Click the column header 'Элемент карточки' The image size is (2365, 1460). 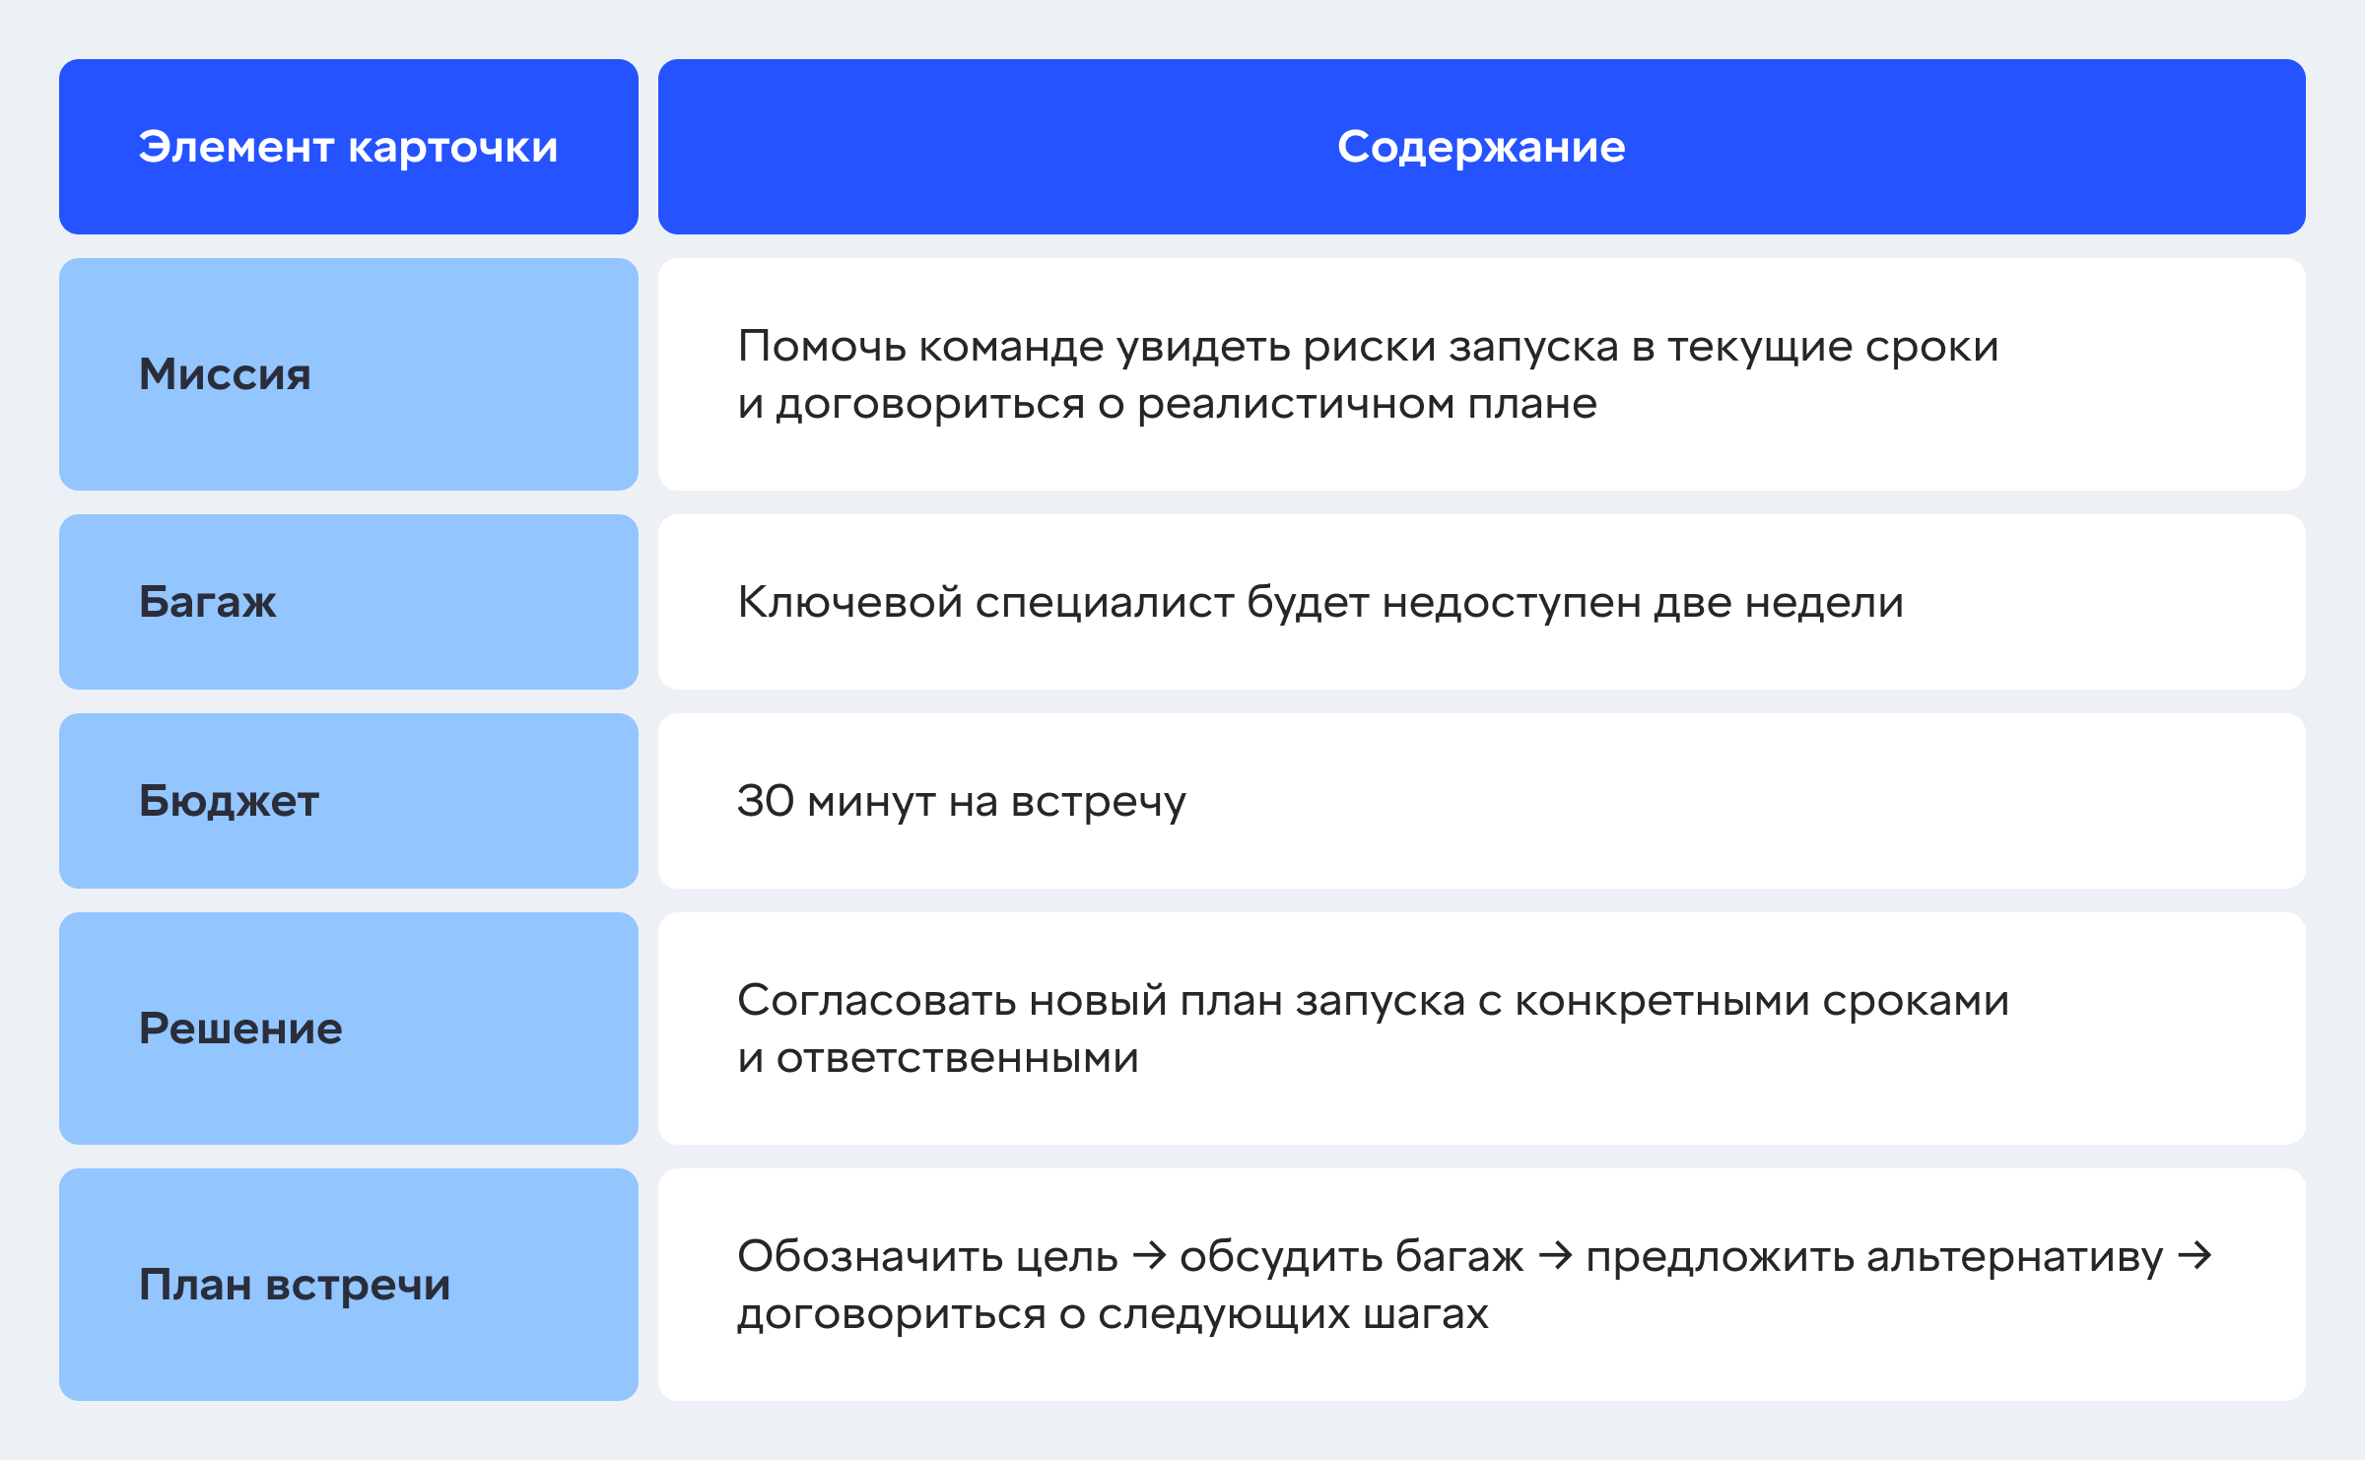tap(348, 147)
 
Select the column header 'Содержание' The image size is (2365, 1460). tap(1481, 147)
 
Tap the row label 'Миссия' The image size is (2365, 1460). tap(225, 374)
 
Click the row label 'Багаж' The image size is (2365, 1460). tap(207, 601)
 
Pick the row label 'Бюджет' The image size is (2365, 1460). tap(229, 800)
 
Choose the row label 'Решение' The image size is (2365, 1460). tap(240, 1029)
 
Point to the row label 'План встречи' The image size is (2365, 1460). tap(295, 1285)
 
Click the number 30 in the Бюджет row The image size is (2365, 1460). tap(766, 800)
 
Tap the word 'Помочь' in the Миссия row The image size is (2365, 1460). tap(822, 346)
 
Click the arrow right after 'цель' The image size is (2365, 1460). tap(1150, 1256)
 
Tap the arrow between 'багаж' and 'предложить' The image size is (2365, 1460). tap(1556, 1256)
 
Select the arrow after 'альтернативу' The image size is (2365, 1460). tap(2195, 1256)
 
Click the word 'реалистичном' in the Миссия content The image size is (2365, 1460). tap(1296, 404)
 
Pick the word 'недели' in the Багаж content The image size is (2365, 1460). tap(1824, 602)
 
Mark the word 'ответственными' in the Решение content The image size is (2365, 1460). tap(958, 1058)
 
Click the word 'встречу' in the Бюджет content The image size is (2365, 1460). tap(1099, 802)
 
